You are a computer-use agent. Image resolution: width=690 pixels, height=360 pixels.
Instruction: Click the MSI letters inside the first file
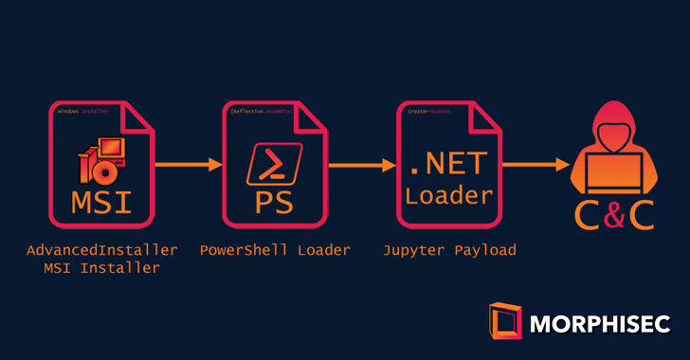102,203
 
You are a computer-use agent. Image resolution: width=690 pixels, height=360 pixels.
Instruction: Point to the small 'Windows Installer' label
82,112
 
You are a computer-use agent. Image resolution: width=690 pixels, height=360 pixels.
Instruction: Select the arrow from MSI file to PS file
188,166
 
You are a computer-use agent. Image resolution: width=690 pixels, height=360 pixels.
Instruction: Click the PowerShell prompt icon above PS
275,164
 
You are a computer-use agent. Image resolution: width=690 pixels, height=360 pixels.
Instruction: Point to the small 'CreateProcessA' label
428,112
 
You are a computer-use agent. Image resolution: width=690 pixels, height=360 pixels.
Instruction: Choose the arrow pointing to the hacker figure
536,166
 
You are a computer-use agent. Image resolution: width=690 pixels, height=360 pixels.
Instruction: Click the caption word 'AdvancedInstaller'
102,250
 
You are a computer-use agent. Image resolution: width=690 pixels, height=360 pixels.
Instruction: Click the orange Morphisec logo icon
504,320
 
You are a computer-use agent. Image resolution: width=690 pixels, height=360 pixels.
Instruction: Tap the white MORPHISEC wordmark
599,324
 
